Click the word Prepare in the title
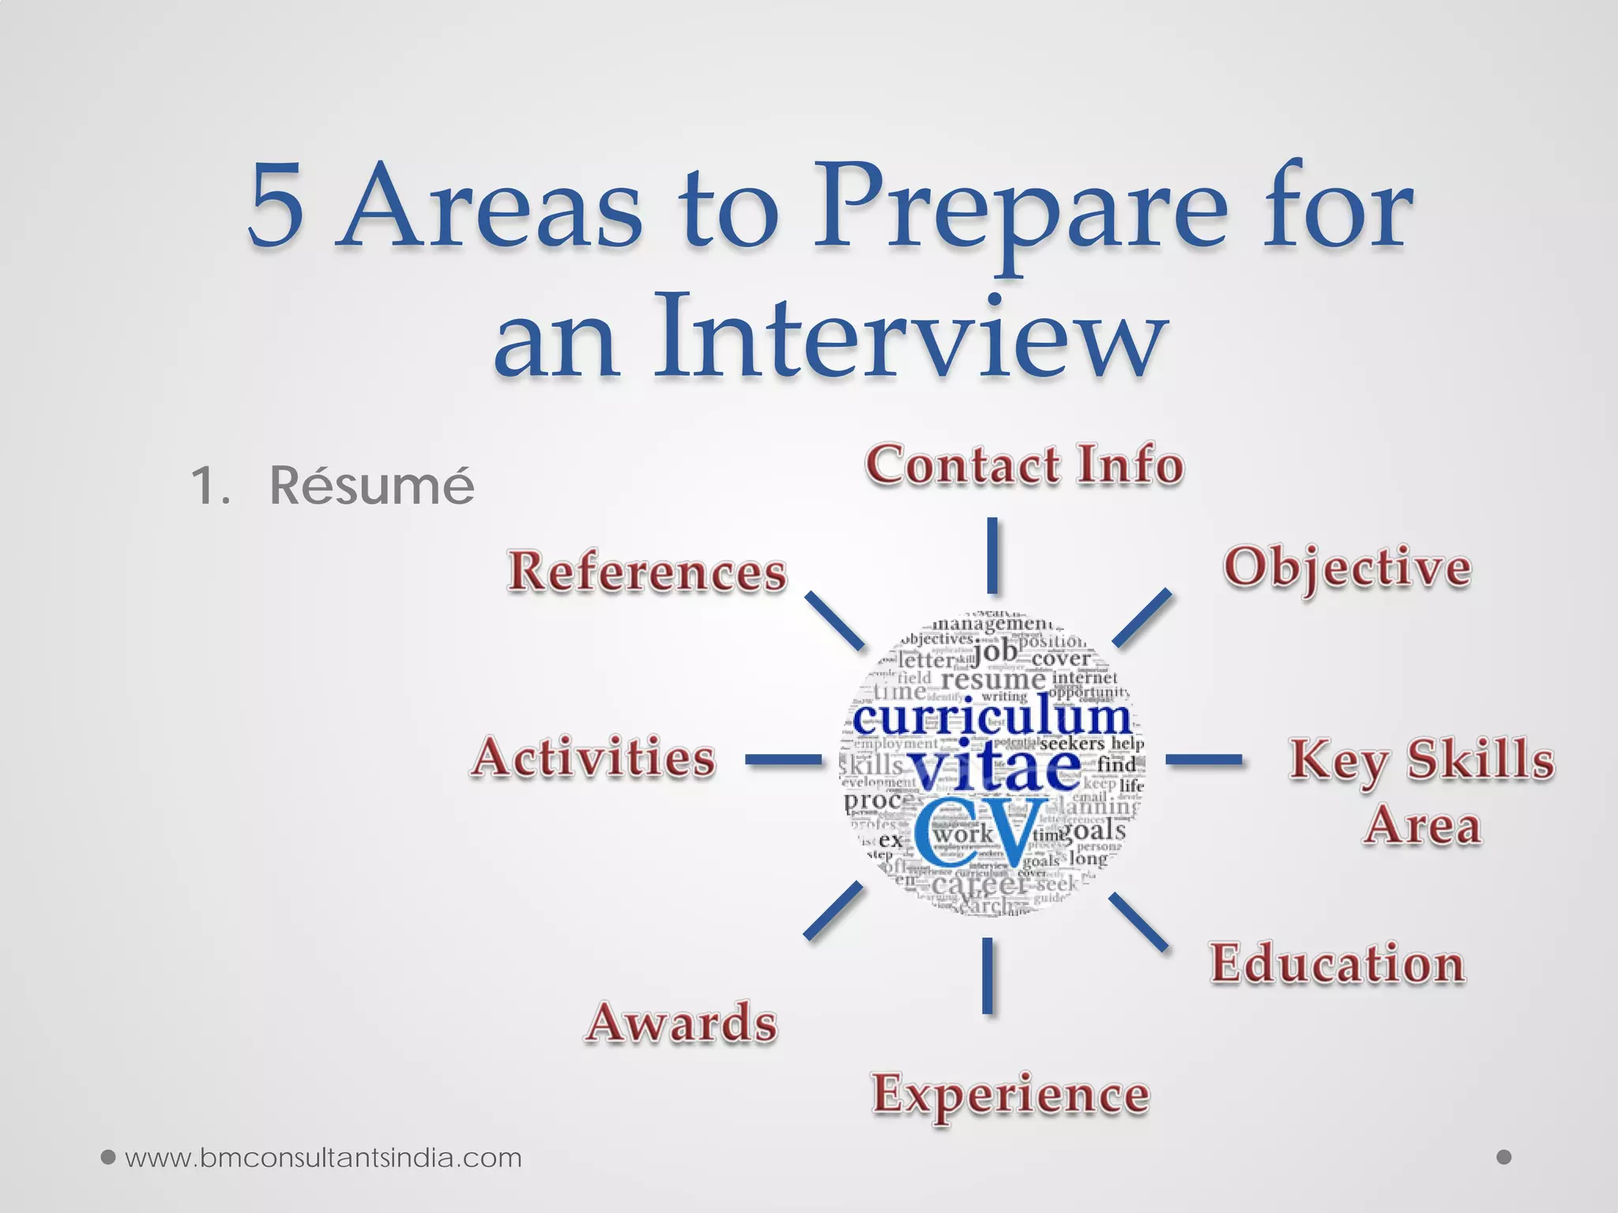click(x=1019, y=209)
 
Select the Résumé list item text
click(x=371, y=485)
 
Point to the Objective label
click(x=1347, y=569)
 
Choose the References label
click(x=646, y=572)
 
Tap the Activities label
click(x=593, y=758)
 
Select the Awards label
click(x=681, y=1023)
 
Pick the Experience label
click(x=1010, y=1095)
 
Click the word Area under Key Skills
click(x=1422, y=826)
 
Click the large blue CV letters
click(x=980, y=833)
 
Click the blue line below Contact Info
click(x=991, y=555)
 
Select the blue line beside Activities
click(x=784, y=760)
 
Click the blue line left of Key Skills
click(x=1203, y=760)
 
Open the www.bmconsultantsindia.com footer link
click(x=323, y=1158)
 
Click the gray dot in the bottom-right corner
click(x=1504, y=1157)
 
